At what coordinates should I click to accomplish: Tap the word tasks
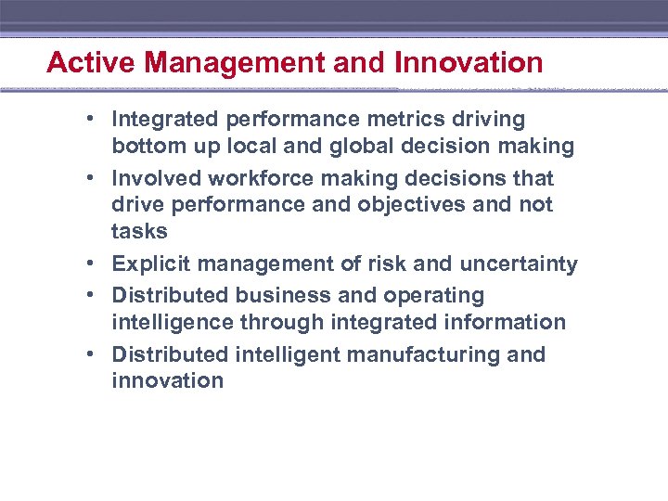(139, 231)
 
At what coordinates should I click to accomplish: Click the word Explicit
(150, 264)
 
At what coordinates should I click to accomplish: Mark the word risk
(386, 264)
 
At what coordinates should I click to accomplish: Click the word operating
(436, 296)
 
